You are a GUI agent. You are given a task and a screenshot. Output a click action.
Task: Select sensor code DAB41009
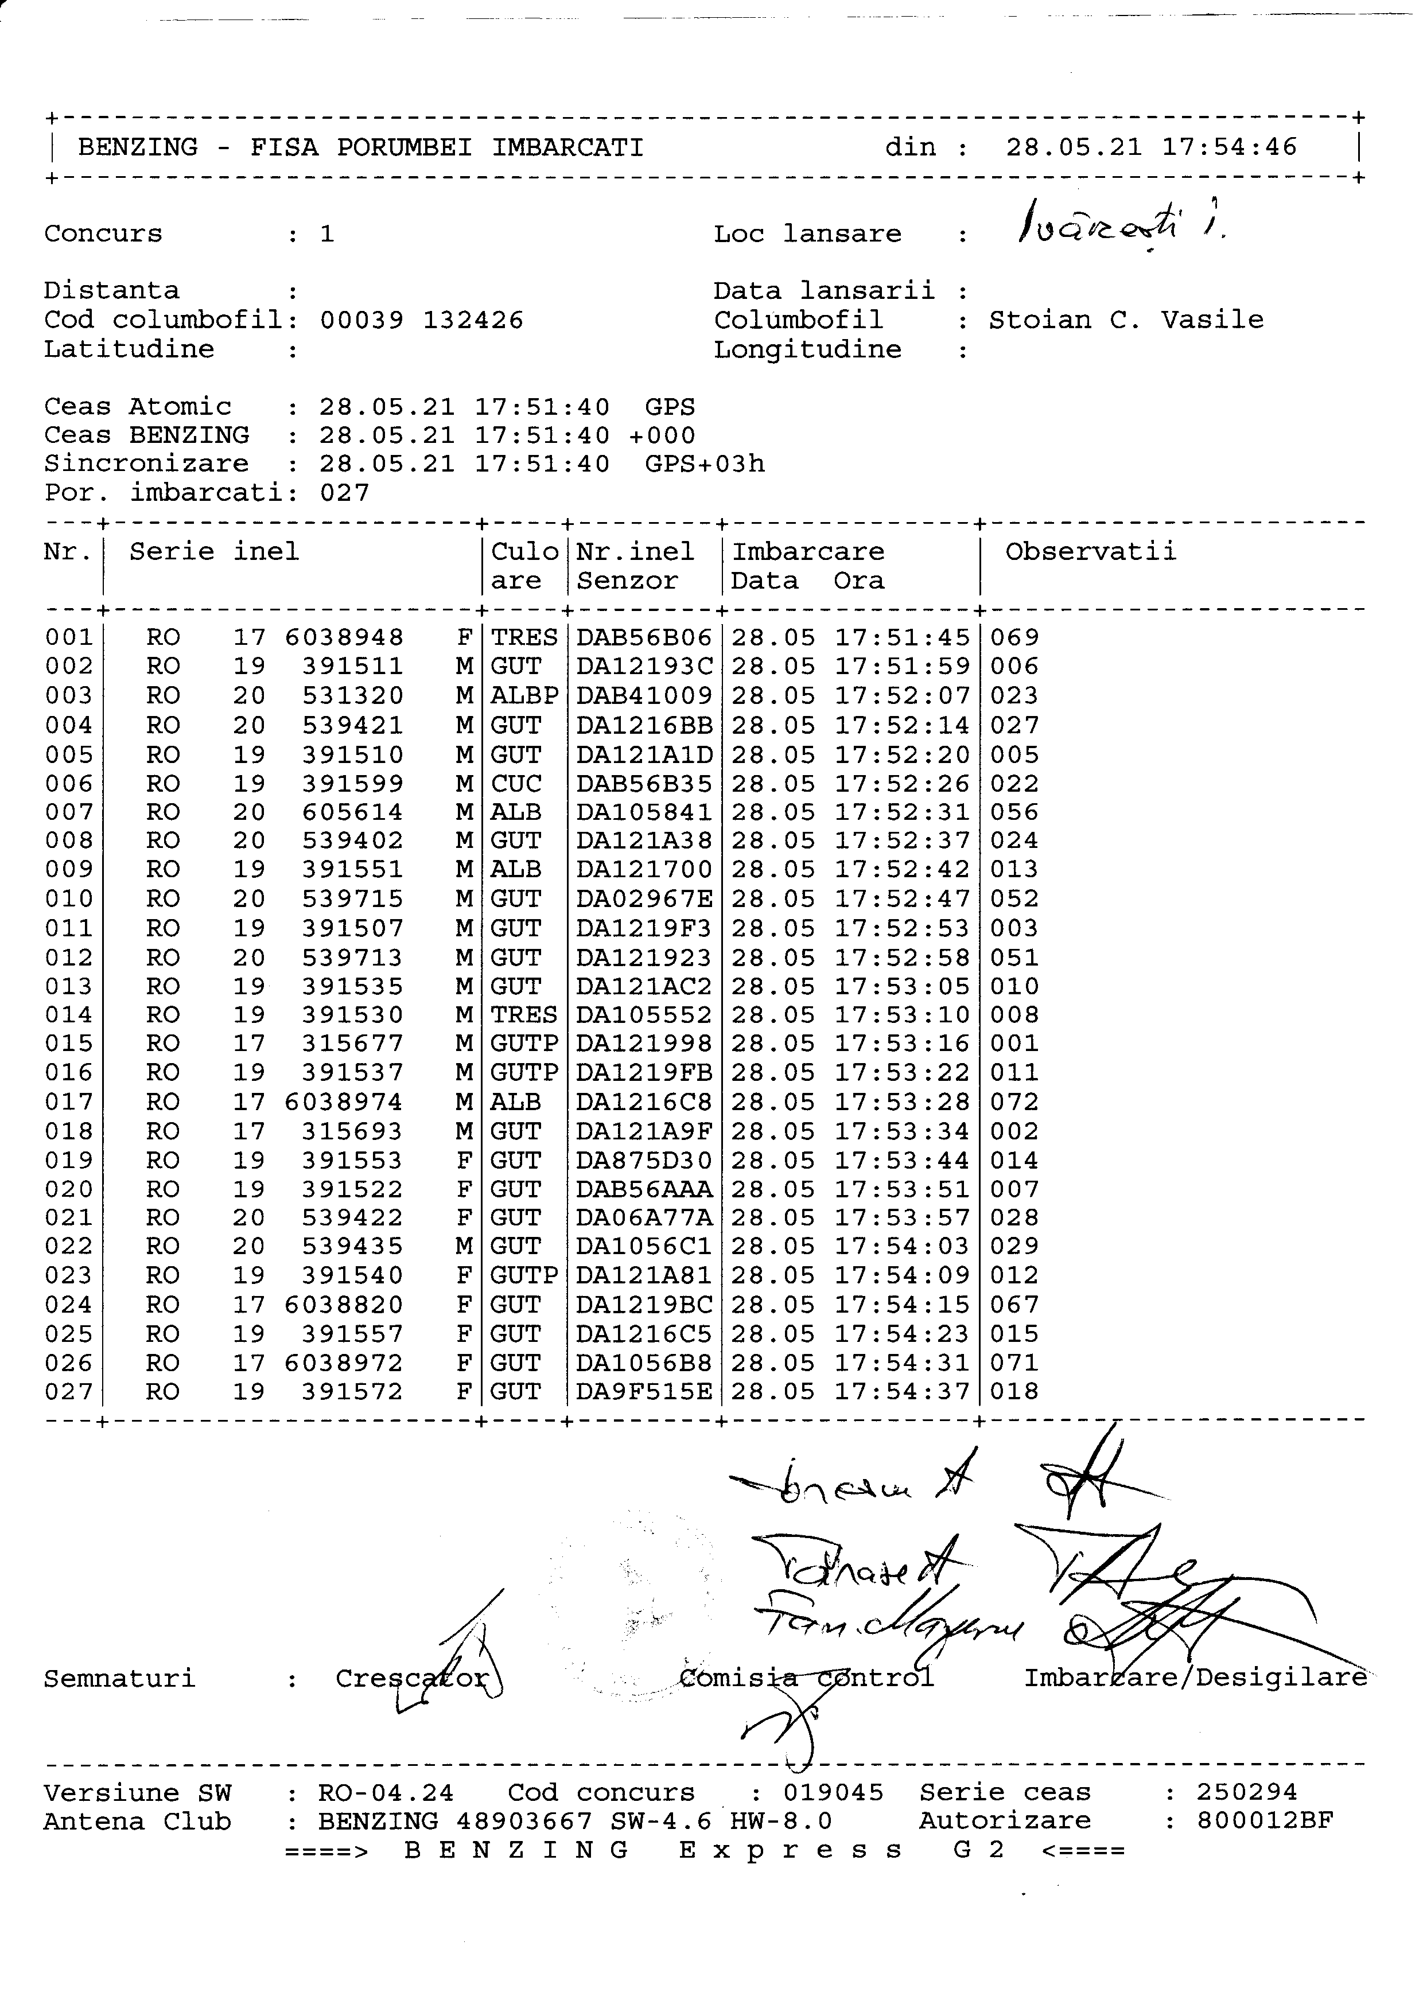[644, 696]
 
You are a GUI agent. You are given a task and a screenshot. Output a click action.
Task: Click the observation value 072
[1014, 1103]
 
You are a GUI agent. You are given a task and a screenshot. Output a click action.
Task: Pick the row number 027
[68, 1392]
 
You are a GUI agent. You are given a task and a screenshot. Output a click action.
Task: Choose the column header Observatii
[1090, 552]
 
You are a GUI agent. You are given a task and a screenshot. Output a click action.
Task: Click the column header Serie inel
[214, 552]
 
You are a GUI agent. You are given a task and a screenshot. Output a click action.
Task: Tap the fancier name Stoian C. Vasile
[1126, 320]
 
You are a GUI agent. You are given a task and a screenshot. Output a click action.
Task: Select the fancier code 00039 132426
[422, 321]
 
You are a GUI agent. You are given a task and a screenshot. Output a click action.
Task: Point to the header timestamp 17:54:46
[1230, 147]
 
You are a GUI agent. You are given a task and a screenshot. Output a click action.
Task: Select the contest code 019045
[833, 1793]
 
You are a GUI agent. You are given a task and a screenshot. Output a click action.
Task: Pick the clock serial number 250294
[1247, 1793]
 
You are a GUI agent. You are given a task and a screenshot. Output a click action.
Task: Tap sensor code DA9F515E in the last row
[644, 1392]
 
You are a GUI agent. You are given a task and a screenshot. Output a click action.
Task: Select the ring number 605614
[352, 812]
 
